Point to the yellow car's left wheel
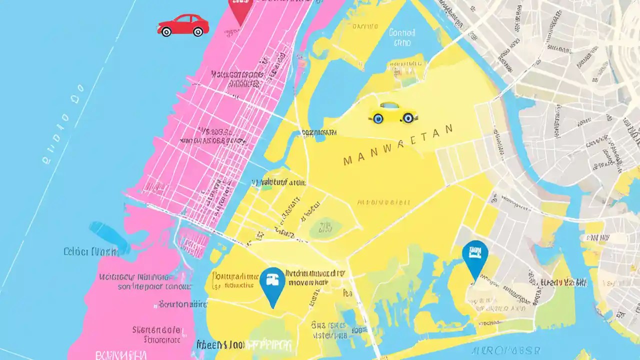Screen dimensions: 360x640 tap(377, 118)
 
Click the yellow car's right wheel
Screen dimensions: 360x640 tap(408, 118)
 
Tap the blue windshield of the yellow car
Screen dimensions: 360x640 tap(389, 106)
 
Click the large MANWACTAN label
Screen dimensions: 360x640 tap(398, 145)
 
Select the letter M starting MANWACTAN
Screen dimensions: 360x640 tap(348, 161)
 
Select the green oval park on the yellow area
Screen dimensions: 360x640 tap(325, 227)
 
